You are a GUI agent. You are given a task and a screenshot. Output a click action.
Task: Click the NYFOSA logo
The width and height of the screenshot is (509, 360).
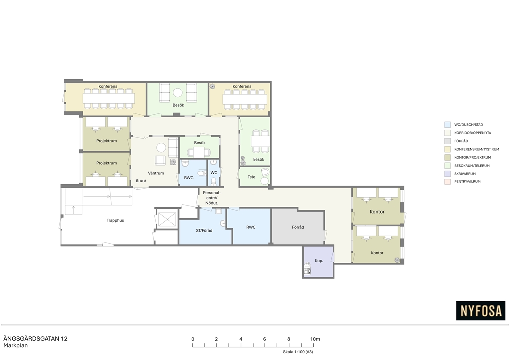tap(481, 311)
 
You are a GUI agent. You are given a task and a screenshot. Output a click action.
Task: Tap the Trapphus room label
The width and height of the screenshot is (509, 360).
tap(115, 220)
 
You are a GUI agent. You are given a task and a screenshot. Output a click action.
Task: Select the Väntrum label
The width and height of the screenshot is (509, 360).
tap(156, 173)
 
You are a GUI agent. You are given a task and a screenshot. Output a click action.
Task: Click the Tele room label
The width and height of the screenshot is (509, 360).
tap(251, 177)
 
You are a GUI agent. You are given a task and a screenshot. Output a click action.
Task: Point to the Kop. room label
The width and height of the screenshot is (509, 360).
tap(319, 261)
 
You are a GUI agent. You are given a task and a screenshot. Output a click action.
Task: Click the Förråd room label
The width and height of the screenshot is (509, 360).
tap(298, 227)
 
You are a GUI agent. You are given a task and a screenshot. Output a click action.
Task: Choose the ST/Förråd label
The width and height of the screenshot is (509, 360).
tap(204, 231)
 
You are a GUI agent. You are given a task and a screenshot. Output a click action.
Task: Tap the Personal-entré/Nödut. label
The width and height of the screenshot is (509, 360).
tap(212, 198)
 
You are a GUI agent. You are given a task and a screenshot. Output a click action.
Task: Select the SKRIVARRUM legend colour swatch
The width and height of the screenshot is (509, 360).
tap(448, 174)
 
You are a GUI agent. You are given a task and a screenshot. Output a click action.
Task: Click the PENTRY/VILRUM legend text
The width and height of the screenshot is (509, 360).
tap(467, 182)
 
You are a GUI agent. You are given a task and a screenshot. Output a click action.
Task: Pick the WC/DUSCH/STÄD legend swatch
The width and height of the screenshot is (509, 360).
tap(448, 125)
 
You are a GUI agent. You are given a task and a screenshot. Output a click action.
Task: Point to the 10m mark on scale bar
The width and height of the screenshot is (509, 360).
tap(315, 339)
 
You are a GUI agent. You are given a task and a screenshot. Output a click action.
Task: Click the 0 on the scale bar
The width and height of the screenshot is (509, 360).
tap(193, 339)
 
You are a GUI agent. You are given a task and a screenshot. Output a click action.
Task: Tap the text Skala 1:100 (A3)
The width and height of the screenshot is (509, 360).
tap(298, 352)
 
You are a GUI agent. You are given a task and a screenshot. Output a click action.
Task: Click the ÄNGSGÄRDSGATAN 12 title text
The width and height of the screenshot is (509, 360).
tap(35, 339)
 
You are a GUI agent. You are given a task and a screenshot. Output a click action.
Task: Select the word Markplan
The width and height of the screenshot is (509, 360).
tap(15, 346)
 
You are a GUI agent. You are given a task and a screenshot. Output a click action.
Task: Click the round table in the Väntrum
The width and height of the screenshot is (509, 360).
tap(161, 148)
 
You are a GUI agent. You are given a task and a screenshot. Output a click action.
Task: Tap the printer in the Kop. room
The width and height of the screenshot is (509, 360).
tap(307, 268)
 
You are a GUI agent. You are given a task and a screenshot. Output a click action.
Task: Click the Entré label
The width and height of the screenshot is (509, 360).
tap(141, 181)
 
